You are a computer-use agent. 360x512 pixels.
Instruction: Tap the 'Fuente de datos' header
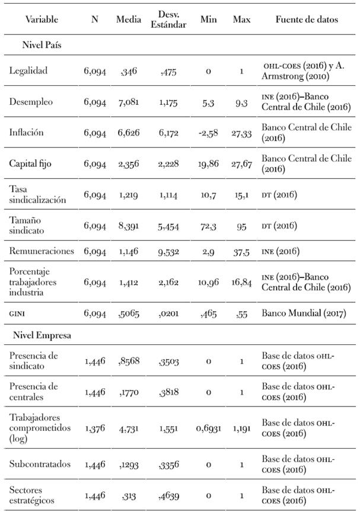click(307, 20)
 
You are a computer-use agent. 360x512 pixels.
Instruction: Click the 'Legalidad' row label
click(28, 71)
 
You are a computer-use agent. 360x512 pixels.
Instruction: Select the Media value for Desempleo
click(128, 102)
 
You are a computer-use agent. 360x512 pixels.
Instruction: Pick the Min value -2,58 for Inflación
click(208, 133)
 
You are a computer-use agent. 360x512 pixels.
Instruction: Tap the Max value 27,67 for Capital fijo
click(241, 164)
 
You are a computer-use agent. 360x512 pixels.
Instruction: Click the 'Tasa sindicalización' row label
click(37, 194)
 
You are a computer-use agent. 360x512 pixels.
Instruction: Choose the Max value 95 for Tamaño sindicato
click(241, 225)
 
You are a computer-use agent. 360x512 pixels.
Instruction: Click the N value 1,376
click(94, 427)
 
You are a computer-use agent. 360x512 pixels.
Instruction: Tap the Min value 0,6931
click(208, 427)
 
